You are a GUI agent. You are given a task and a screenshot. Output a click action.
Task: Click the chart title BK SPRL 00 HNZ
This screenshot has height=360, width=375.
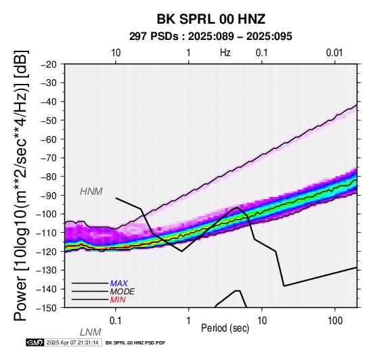(x=211, y=19)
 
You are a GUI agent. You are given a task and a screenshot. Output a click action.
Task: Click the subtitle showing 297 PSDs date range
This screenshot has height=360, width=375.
(x=211, y=37)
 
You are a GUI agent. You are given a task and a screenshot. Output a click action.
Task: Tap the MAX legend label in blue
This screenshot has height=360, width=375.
(x=119, y=284)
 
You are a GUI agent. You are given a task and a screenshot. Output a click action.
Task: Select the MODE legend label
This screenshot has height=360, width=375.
(x=123, y=292)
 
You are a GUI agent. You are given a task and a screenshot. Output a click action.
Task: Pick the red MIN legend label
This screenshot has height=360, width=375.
(x=118, y=300)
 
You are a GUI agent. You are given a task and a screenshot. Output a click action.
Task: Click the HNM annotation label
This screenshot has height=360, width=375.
(x=91, y=192)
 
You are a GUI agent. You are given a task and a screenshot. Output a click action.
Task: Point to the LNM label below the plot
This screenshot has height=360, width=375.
(x=91, y=332)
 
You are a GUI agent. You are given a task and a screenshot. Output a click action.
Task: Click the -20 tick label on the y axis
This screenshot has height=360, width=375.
(x=49, y=64)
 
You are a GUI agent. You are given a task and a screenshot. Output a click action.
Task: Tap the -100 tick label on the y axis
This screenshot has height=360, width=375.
(x=46, y=214)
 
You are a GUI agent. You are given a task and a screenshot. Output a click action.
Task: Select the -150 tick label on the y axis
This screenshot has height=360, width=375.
(x=46, y=308)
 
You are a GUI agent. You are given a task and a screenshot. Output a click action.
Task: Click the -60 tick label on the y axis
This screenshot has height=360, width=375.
(x=49, y=139)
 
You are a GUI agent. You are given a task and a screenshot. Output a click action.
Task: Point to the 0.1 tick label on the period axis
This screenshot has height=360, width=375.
(x=116, y=321)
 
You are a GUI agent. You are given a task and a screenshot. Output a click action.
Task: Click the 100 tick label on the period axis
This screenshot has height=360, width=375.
(x=335, y=321)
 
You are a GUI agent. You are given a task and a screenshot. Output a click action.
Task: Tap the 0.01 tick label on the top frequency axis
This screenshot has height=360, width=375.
(x=334, y=53)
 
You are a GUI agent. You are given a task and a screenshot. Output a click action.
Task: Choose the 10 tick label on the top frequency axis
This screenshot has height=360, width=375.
(x=116, y=53)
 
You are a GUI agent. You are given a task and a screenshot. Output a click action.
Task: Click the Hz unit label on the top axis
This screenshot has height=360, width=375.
(x=225, y=53)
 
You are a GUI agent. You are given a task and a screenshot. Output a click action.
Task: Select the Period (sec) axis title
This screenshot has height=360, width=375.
(x=225, y=328)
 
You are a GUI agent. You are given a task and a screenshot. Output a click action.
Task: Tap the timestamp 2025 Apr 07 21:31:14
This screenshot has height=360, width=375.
(x=72, y=342)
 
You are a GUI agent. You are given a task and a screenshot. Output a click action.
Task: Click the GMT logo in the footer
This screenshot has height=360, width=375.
(x=35, y=342)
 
